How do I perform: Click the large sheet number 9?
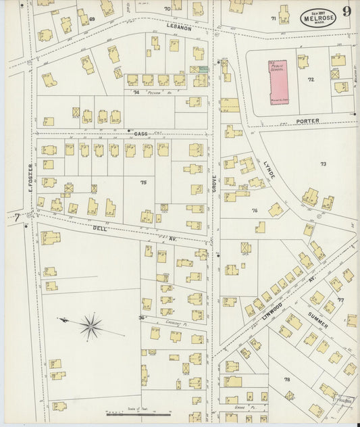[346, 11]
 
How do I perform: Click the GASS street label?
[140, 134]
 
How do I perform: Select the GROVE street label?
[215, 193]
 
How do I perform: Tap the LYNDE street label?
[268, 170]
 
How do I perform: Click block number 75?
[143, 182]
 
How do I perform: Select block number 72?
[311, 80]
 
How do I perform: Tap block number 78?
[286, 380]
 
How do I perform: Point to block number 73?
[323, 164]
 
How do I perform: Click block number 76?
[255, 211]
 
